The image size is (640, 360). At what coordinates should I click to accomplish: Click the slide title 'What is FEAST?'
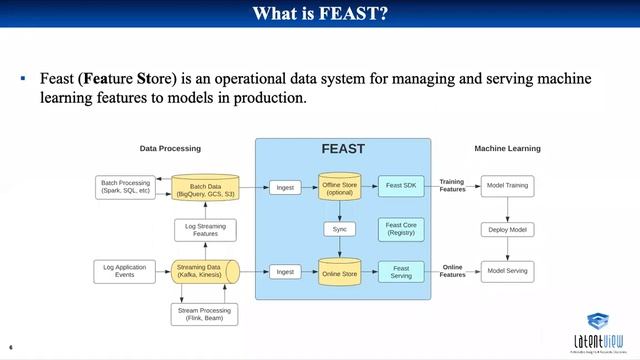point(320,14)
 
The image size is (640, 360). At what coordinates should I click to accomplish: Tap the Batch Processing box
point(125,187)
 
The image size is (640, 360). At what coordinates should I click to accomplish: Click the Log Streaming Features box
point(203,229)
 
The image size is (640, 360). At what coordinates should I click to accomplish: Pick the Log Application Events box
point(124,271)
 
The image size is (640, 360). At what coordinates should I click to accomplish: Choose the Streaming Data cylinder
point(204,271)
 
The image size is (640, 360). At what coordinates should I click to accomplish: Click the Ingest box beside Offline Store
point(285,187)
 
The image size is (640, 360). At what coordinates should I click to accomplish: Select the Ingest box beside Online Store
point(285,271)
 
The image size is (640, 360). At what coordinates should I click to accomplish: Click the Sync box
point(340,229)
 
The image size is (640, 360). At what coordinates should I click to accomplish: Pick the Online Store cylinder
point(340,271)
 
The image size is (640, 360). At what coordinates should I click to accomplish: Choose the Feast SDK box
point(400,187)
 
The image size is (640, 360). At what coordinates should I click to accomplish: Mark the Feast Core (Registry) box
point(400,229)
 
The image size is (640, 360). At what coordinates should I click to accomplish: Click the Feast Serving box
point(400,271)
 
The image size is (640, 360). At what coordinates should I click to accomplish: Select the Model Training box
point(507,187)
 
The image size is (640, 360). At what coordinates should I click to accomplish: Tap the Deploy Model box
point(507,229)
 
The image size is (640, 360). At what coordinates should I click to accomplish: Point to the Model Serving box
point(507,271)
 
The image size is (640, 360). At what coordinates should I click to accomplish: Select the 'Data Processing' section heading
point(170,148)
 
